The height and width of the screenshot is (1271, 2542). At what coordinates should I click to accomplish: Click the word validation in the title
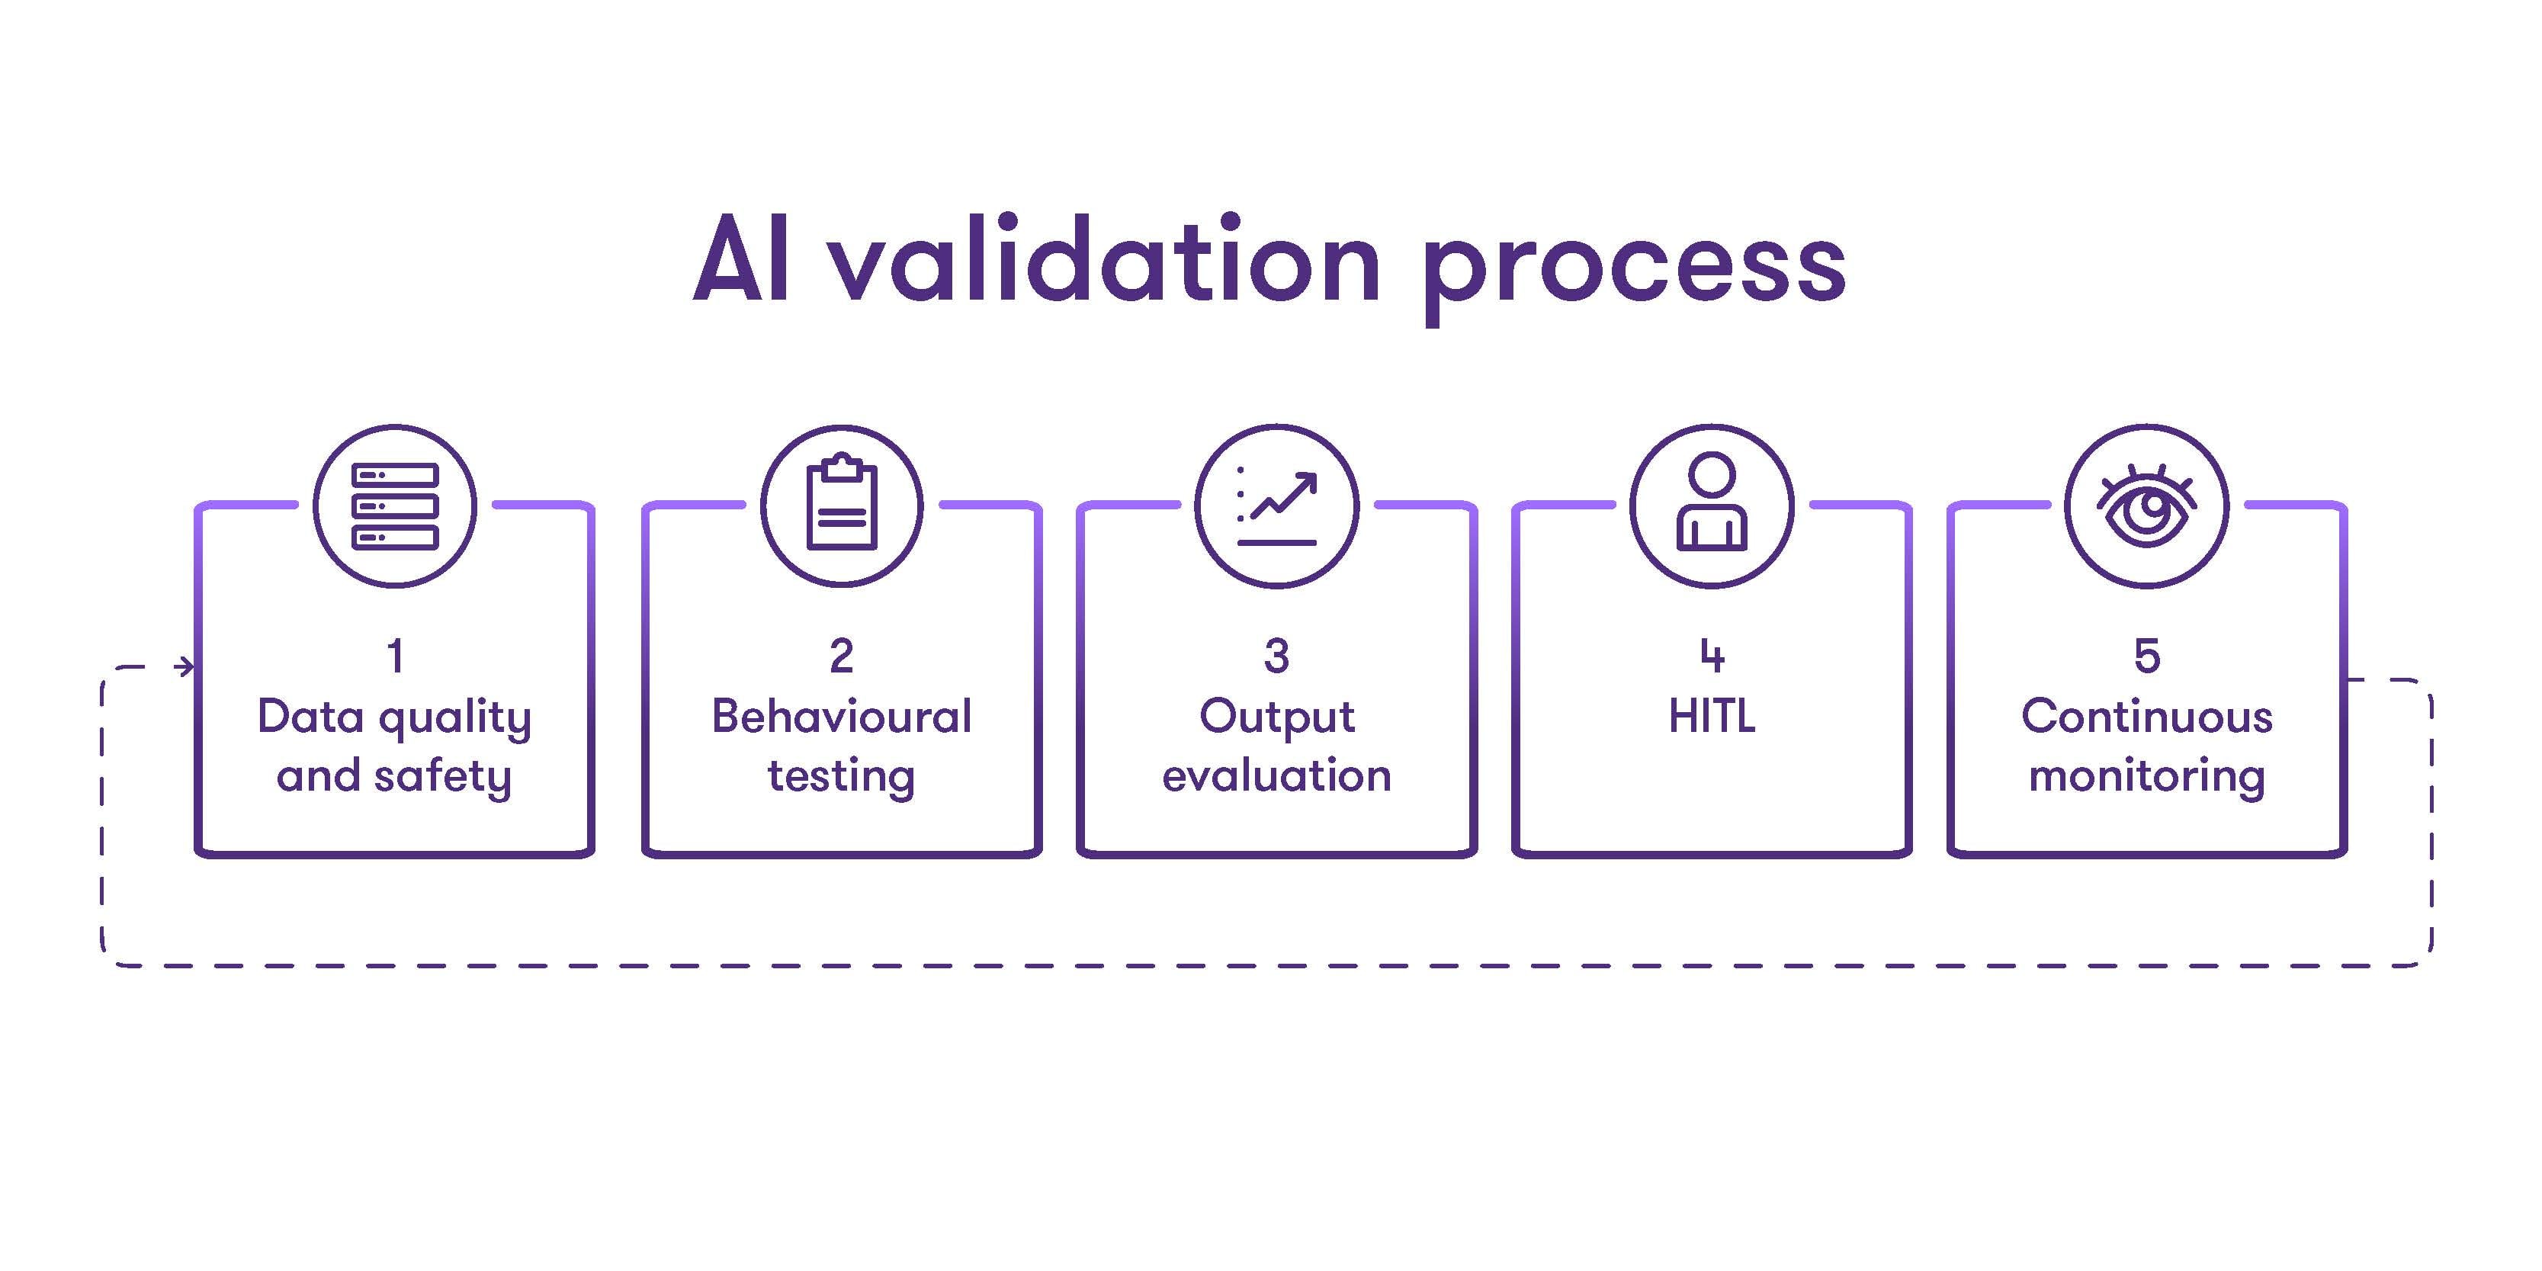(1103, 258)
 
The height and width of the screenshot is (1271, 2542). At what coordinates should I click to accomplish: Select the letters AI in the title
(741, 258)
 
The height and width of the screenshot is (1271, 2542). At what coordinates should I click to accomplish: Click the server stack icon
(395, 506)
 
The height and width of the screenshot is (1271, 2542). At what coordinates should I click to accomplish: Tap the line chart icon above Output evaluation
(1277, 506)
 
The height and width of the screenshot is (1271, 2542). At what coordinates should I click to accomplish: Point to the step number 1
(396, 656)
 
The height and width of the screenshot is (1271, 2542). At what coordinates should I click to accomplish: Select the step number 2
(842, 656)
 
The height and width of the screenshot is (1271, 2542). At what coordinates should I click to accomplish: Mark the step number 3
(1277, 656)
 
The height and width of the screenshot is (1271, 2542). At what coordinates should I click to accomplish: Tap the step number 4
(1712, 656)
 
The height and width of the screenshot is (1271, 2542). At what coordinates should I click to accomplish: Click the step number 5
(2147, 656)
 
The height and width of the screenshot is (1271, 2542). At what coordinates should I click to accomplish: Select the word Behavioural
(842, 717)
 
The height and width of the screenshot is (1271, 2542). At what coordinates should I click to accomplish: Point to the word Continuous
(2147, 717)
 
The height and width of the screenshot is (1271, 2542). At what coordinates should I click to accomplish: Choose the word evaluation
(1277, 775)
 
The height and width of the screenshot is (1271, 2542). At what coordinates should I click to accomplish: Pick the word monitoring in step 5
(2147, 778)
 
